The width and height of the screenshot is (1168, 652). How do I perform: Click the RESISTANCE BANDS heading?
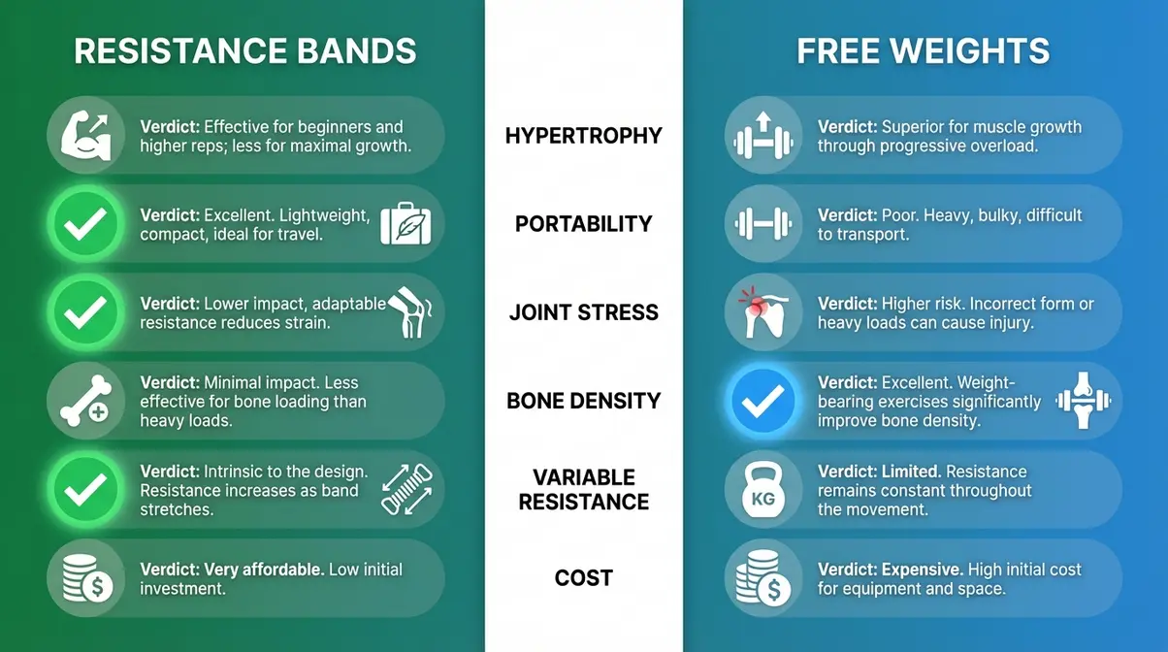coord(244,50)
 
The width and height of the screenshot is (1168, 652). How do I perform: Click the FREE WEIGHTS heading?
coord(923,50)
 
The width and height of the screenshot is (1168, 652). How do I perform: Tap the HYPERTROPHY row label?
coord(583,136)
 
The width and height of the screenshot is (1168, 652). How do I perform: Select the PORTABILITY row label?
coord(583,224)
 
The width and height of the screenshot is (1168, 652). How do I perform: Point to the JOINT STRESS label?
coord(583,312)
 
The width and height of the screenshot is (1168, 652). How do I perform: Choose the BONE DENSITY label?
coord(583,401)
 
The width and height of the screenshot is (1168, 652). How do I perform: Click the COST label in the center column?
coord(583,578)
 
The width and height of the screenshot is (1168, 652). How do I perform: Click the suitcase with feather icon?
coord(406,224)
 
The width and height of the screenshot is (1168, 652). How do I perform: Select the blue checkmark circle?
coord(762,401)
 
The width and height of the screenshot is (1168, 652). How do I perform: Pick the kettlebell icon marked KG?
coord(762,490)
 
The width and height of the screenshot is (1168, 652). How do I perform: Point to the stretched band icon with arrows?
coord(406,490)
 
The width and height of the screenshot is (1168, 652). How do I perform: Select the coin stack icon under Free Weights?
coord(762,579)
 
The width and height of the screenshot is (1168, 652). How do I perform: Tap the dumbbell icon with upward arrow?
coord(762,136)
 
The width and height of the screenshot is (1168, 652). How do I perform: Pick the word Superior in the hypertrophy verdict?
coord(913,126)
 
